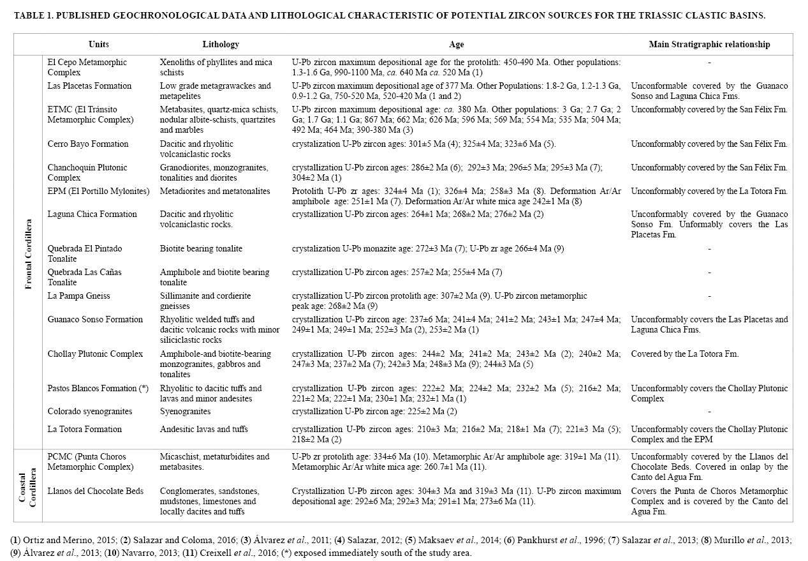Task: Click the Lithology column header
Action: point(221,45)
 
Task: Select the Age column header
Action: point(457,45)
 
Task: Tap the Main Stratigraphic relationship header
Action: point(709,45)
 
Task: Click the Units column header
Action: point(99,45)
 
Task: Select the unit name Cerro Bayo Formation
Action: point(88,144)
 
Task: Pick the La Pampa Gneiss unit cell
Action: point(79,296)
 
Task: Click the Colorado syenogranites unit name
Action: point(90,412)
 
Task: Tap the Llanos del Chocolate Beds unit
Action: point(96,491)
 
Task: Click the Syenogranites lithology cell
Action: point(185,412)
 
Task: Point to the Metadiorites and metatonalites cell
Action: point(215,191)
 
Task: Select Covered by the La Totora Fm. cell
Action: point(685,354)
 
